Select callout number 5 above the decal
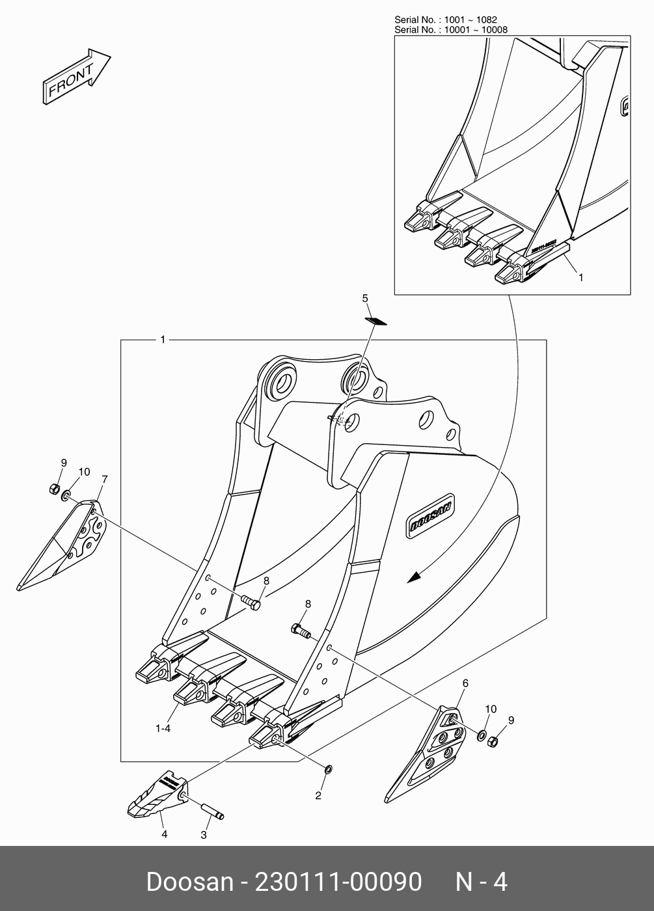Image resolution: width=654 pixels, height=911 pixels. click(365, 298)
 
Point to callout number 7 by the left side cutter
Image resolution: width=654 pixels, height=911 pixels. click(105, 480)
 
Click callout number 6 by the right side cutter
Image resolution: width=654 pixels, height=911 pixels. click(465, 683)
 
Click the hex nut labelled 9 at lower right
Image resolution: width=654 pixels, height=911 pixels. click(494, 741)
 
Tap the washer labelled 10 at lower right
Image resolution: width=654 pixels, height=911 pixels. click(482, 735)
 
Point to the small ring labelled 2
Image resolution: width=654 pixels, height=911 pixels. click(328, 770)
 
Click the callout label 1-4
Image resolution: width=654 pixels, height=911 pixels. click(163, 729)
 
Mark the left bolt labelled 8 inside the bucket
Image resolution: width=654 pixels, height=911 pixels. click(250, 602)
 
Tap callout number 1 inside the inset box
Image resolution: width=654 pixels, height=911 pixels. click(581, 277)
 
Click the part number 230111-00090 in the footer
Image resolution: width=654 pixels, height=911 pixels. click(338, 882)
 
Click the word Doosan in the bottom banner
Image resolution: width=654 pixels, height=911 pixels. click(189, 882)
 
